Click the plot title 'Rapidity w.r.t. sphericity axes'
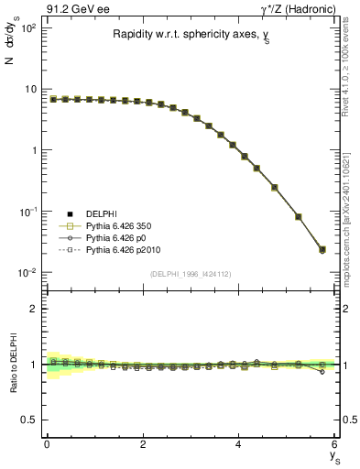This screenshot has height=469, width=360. (x=183, y=35)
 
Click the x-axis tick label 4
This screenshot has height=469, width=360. (x=238, y=444)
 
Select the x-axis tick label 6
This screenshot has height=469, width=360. (x=334, y=444)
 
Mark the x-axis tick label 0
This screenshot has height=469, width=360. (x=47, y=444)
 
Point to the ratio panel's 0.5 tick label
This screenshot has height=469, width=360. (x=29, y=420)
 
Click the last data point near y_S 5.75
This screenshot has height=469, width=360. (x=322, y=249)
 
